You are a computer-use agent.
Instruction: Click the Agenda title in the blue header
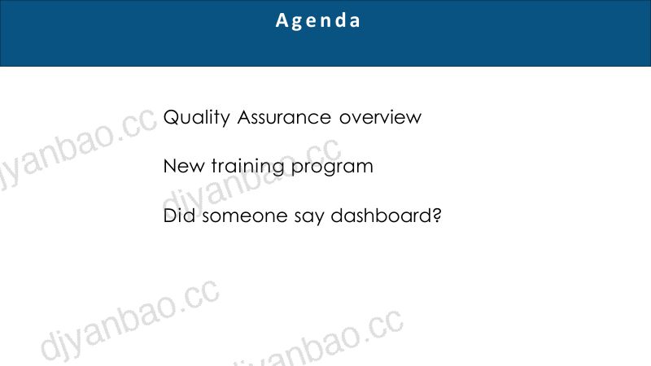[x=318, y=21]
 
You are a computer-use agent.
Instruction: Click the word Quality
[x=196, y=117]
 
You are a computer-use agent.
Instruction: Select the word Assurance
[x=284, y=117]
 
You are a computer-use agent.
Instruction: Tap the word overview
[x=380, y=117]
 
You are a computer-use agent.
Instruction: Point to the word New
[x=184, y=166]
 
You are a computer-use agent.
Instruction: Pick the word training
[x=247, y=167]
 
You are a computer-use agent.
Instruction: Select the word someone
[x=245, y=216]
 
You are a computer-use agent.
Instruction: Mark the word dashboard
[x=381, y=216]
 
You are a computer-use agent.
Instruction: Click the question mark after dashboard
[x=436, y=215]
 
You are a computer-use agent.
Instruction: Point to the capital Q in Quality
[x=173, y=117]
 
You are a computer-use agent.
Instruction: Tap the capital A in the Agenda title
[x=282, y=20]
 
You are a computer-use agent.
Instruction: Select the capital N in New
[x=170, y=166]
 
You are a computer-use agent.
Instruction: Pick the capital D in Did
[x=170, y=216]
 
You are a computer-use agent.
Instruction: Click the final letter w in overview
[x=413, y=118]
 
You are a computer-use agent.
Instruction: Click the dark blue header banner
[x=325, y=33]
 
